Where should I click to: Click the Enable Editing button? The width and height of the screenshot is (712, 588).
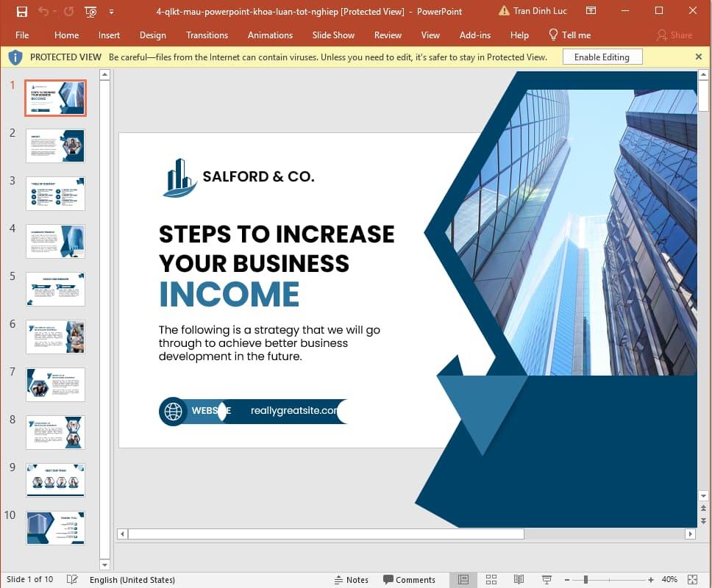click(602, 57)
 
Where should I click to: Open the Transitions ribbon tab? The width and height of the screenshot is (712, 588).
click(207, 35)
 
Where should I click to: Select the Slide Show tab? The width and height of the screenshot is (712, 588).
click(333, 35)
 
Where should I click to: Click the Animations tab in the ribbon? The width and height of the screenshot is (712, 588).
click(270, 35)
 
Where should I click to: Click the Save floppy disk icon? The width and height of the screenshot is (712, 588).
click(22, 12)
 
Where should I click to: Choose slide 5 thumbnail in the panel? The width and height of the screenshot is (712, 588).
click(55, 289)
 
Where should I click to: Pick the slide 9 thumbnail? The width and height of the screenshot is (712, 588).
click(55, 480)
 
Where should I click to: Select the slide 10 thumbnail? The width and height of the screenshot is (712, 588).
click(55, 528)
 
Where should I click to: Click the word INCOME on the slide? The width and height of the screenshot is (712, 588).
click(229, 294)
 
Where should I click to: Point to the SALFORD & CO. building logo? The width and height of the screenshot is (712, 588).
click(179, 178)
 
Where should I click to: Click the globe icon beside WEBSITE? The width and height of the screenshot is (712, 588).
click(174, 411)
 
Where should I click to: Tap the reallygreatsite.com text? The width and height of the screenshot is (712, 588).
click(294, 411)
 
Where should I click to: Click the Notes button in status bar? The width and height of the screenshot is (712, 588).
click(351, 580)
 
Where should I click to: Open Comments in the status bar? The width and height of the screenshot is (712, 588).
click(409, 580)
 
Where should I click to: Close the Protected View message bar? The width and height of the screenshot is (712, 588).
click(698, 57)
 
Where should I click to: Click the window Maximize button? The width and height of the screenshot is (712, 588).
click(659, 11)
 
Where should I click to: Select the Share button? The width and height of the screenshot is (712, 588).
click(674, 35)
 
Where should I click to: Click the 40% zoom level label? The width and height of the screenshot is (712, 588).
click(669, 580)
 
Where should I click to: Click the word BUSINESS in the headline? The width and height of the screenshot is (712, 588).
click(291, 263)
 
